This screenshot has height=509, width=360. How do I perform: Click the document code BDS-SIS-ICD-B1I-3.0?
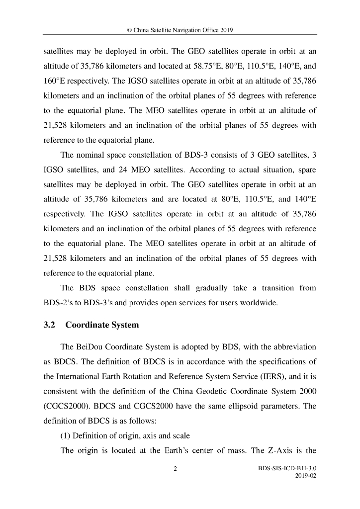pyautogui.click(x=288, y=468)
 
